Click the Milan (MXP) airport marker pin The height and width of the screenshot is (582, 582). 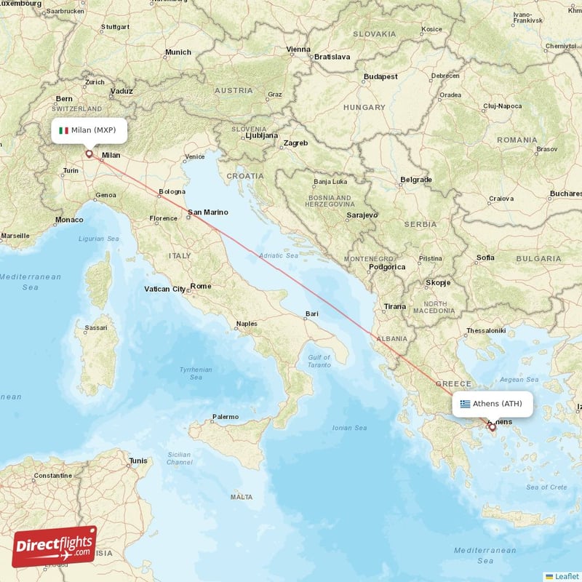(89, 154)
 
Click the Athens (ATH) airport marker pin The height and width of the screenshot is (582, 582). (493, 427)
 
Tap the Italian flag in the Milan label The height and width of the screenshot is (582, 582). (64, 131)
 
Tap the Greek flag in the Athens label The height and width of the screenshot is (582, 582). (465, 404)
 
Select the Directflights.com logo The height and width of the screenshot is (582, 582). (55, 546)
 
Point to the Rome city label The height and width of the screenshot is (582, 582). (201, 286)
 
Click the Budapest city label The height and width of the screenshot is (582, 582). (381, 76)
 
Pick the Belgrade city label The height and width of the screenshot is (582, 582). (416, 180)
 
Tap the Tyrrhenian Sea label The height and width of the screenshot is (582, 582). (195, 374)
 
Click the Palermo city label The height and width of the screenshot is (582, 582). (225, 417)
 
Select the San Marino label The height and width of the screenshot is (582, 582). (208, 212)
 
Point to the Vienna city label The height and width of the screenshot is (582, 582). (298, 49)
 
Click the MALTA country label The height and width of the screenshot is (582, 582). (241, 497)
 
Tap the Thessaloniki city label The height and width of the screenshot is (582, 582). (486, 330)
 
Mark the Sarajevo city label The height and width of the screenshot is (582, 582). (362, 215)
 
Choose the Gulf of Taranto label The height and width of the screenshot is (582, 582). (319, 361)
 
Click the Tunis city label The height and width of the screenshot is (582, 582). (138, 461)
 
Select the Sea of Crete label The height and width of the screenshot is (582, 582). (546, 487)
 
